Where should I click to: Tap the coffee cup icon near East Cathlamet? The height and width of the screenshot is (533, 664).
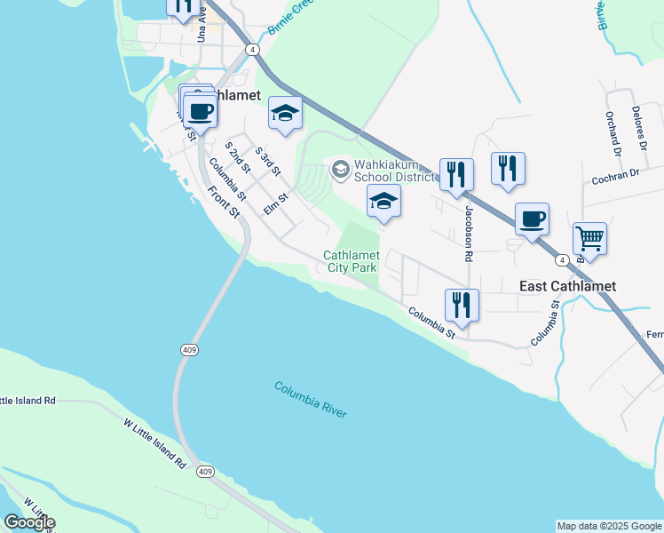click(x=532, y=219)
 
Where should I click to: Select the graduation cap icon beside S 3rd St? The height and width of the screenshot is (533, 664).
click(x=285, y=113)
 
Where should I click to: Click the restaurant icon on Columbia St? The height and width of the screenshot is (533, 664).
click(x=462, y=306)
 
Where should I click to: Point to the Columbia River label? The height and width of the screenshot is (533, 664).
click(x=310, y=400)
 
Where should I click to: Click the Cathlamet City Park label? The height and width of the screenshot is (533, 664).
click(x=351, y=261)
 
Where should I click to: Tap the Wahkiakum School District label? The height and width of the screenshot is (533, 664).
click(x=394, y=170)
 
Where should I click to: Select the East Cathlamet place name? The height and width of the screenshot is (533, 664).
click(x=567, y=286)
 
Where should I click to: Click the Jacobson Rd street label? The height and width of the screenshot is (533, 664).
click(x=468, y=234)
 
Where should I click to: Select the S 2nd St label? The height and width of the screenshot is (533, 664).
click(x=238, y=155)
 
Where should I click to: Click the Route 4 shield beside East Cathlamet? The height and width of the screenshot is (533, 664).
click(x=563, y=260)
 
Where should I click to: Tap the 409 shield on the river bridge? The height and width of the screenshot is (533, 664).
click(x=188, y=351)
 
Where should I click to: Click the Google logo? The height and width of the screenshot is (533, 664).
click(x=28, y=521)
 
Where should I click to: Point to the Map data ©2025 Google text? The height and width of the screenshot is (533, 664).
click(x=609, y=526)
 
